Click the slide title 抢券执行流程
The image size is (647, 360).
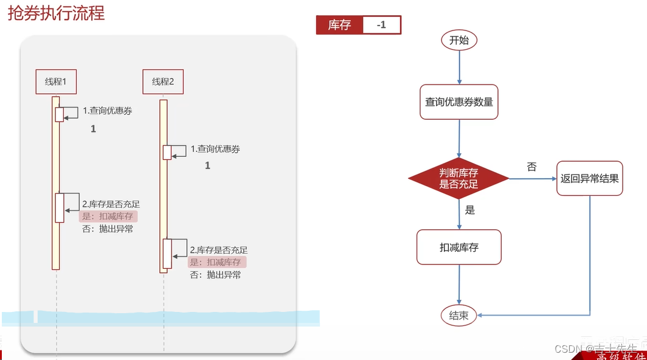56,13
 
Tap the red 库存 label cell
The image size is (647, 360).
339,25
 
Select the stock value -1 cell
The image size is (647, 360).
381,25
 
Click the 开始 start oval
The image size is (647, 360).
459,41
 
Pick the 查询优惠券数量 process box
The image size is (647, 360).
459,102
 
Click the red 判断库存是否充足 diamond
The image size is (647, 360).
459,178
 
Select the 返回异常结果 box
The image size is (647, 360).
589,178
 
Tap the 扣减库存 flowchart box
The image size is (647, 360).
459,247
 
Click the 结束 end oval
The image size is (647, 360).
459,315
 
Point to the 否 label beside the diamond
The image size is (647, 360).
531,167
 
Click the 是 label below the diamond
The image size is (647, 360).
469,210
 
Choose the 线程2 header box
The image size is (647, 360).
163,81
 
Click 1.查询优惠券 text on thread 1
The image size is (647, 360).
108,111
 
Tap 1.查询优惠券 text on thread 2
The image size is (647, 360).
215,148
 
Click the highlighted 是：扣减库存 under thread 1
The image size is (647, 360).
108,216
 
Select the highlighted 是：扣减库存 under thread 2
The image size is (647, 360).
216,262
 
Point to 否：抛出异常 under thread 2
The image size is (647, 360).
215,274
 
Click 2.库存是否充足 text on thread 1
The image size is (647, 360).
111,204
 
